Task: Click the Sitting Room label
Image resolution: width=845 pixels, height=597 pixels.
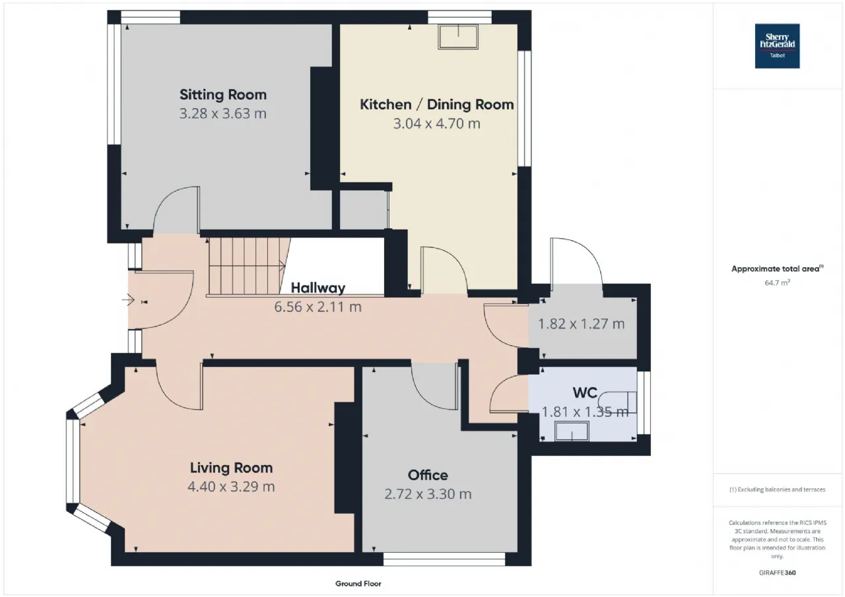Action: (223, 94)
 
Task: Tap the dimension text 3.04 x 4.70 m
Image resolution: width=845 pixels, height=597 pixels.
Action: (437, 123)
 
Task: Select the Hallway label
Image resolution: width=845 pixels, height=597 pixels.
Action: (318, 288)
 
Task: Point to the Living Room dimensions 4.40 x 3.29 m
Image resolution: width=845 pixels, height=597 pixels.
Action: (231, 487)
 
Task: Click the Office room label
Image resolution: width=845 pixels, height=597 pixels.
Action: (428, 475)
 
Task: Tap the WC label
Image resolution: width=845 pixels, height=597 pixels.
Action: (585, 393)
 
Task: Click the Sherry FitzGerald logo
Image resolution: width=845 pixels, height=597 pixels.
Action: (777, 46)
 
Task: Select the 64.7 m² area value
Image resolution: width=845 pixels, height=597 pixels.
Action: (777, 283)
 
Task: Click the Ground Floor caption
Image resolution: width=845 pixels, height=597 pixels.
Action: (358, 584)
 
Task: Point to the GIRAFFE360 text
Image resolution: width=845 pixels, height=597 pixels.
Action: (777, 573)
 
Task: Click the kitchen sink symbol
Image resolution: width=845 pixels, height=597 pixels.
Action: (458, 36)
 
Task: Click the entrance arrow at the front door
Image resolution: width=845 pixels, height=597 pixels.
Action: (128, 300)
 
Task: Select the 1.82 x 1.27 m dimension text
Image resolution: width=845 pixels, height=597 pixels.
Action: (582, 324)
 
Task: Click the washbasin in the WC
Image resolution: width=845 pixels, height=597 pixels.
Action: (572, 431)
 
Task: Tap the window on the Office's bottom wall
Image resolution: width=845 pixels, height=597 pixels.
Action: (444, 559)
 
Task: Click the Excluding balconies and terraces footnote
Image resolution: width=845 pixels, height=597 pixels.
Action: (777, 489)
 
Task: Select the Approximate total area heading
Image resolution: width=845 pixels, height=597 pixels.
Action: (777, 268)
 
